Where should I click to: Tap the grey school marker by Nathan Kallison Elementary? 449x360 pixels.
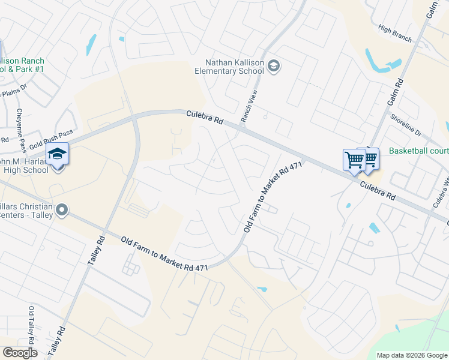pyautogui.click(x=274, y=65)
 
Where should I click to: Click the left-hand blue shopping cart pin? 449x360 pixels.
pyautogui.click(x=354, y=160)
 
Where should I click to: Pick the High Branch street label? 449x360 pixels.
pyautogui.click(x=395, y=33)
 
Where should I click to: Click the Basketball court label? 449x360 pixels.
pyautogui.click(x=418, y=151)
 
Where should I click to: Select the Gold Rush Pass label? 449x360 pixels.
pyautogui.click(x=50, y=140)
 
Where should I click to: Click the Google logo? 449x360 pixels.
pyautogui.click(x=20, y=353)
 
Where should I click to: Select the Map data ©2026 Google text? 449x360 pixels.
pyautogui.click(x=412, y=355)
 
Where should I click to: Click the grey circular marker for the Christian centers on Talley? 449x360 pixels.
pyautogui.click(x=61, y=210)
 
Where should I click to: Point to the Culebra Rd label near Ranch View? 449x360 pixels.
pyautogui.click(x=205, y=117)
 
